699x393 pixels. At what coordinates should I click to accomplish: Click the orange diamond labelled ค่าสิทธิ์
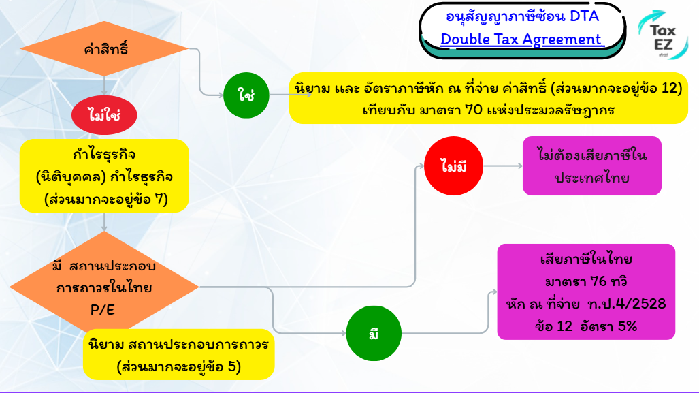coord(103,50)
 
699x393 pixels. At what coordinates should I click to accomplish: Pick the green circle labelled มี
coord(374,334)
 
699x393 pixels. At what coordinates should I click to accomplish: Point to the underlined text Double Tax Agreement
coord(521,40)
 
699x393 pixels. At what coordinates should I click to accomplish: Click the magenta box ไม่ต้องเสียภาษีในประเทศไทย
coord(591,166)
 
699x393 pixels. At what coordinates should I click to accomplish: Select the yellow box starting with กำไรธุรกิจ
coord(104,176)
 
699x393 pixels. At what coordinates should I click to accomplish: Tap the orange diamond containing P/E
coord(103,287)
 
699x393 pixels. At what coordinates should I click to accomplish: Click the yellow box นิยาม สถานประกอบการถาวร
coord(178,354)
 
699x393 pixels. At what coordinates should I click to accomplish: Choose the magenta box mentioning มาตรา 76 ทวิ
coord(586,292)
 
